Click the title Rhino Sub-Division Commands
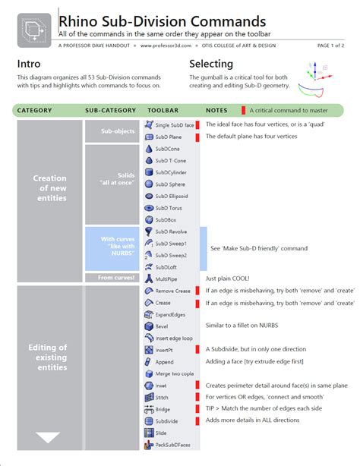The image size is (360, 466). click(162, 21)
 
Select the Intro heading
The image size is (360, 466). click(29, 64)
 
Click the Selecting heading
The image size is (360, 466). click(211, 64)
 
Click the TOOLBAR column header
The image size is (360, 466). click(163, 110)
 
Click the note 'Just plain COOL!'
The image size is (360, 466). click(229, 279)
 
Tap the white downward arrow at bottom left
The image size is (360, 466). click(49, 438)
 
